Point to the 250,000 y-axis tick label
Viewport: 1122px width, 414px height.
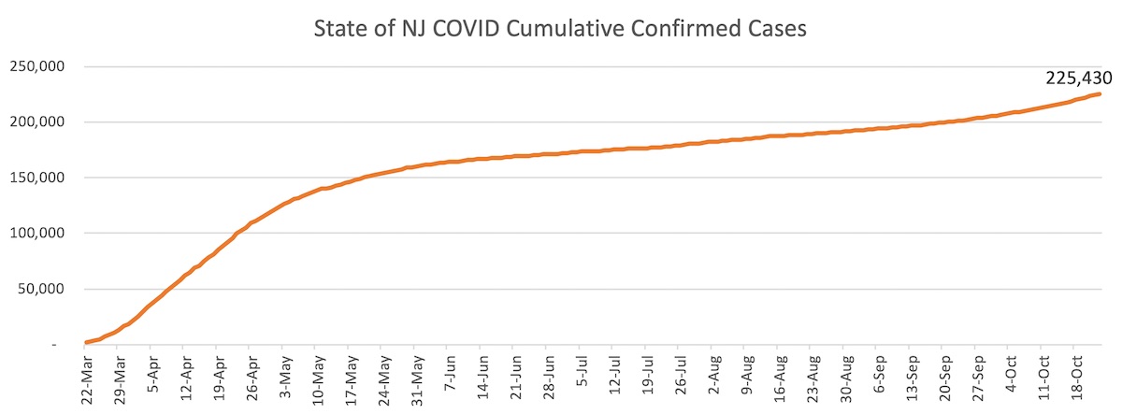(36, 67)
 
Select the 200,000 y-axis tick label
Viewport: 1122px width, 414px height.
(36, 122)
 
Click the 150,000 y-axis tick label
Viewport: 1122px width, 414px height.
(36, 178)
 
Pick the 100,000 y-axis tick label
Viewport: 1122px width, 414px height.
(36, 233)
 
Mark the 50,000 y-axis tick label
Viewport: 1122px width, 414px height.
(39, 289)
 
